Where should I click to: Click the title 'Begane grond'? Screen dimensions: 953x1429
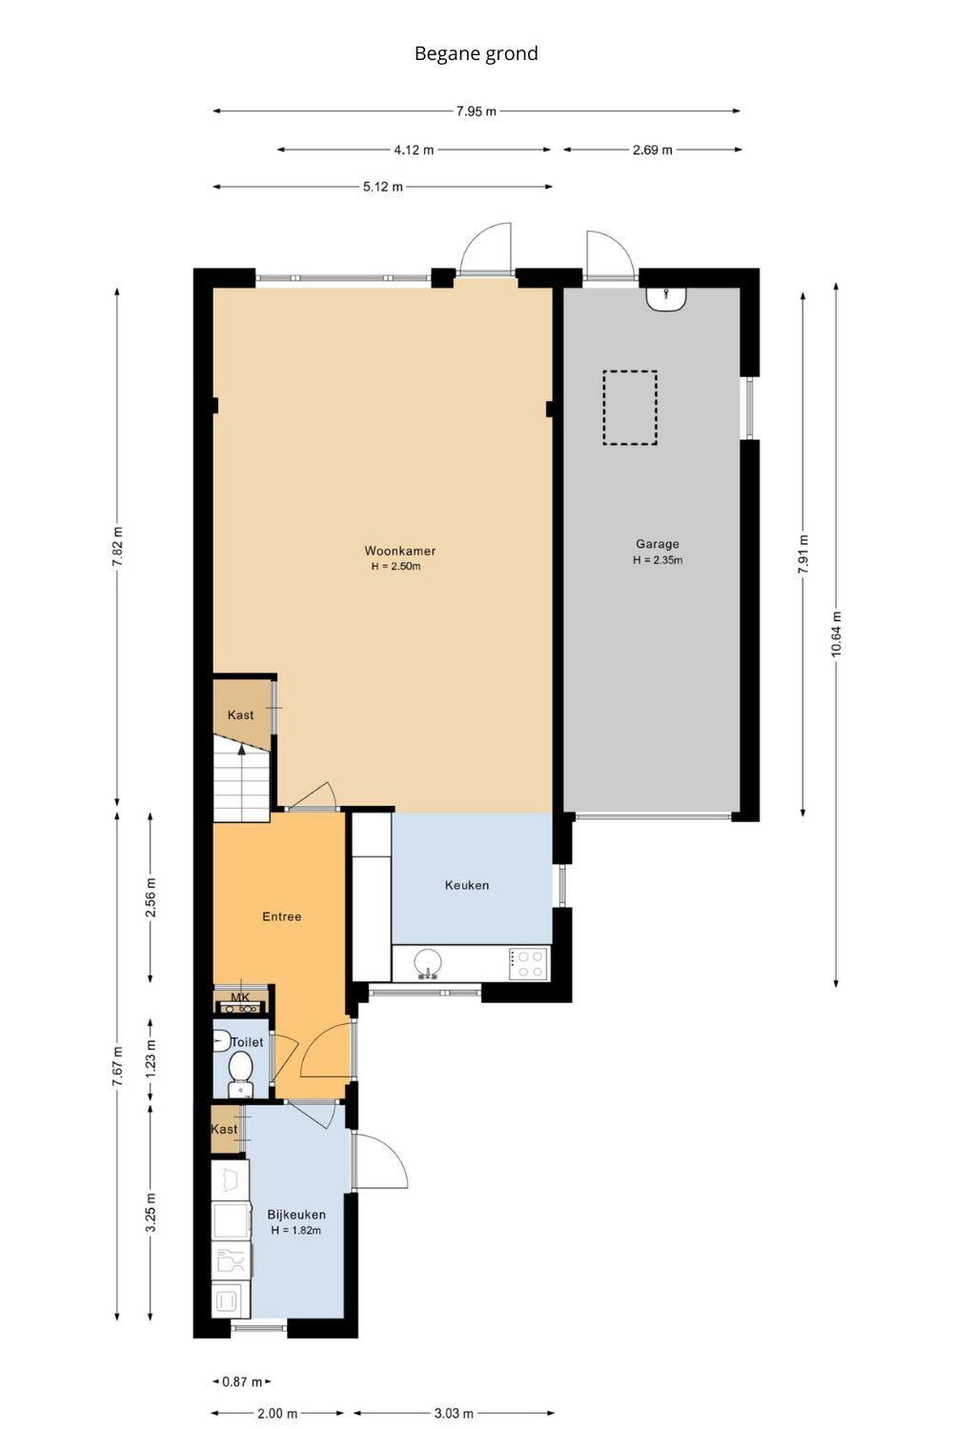click(x=476, y=54)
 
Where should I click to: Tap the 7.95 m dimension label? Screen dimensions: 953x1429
click(x=476, y=111)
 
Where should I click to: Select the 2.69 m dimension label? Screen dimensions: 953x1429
click(x=652, y=150)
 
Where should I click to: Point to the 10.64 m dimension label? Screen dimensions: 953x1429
click(x=836, y=634)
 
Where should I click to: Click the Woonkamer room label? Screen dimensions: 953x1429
click(x=399, y=551)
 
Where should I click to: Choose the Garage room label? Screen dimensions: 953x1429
click(x=657, y=544)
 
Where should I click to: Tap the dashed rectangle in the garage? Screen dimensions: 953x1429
click(x=629, y=408)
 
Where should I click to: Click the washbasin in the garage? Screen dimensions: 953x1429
click(x=666, y=298)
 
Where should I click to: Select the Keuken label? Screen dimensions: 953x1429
click(x=467, y=885)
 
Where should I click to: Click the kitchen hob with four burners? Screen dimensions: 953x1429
click(x=527, y=963)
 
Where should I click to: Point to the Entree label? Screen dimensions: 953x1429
click(x=281, y=916)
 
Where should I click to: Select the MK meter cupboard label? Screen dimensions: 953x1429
click(x=240, y=997)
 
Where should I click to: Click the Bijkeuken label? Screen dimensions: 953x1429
click(x=295, y=1215)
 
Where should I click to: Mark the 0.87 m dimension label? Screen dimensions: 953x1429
click(x=241, y=1381)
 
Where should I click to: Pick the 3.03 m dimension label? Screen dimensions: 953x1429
click(x=454, y=1413)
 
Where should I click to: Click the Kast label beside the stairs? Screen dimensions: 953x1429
click(x=240, y=715)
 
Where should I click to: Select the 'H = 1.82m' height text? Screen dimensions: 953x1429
click(x=295, y=1231)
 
